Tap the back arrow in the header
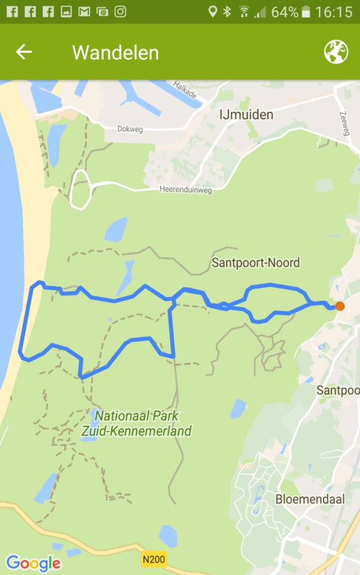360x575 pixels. coord(24,52)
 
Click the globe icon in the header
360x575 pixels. coord(336,52)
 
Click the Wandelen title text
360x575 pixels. coord(116,53)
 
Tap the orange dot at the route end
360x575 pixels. coord(340,306)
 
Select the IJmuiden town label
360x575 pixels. coord(247,115)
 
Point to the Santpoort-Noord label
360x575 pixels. coord(256,262)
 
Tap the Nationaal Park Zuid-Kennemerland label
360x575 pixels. coord(143,423)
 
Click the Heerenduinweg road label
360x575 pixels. coord(185,190)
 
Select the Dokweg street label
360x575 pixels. coord(130,130)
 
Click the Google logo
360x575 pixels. coord(34,562)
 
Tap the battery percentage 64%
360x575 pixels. coord(285,12)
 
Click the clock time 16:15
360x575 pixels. coord(334,12)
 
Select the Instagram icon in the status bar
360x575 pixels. coord(120,12)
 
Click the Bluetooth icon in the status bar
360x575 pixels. coord(227,12)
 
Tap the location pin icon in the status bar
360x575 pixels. coord(212,12)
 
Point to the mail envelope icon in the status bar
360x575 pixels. coord(84,12)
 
